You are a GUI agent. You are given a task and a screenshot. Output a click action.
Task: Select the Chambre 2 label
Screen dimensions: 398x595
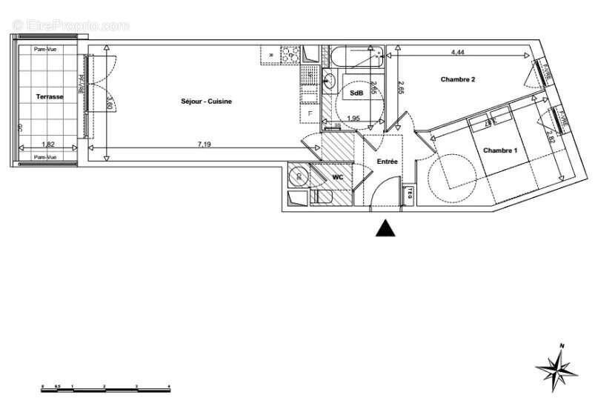pos(457,79)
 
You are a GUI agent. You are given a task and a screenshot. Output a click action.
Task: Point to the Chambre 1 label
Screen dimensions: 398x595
pos(500,150)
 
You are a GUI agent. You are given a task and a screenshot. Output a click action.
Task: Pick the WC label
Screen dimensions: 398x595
pos(337,177)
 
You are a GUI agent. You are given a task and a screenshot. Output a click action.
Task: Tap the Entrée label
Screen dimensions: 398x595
pos(388,161)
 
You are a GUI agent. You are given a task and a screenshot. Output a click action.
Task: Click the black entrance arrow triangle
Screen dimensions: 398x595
pos(385,228)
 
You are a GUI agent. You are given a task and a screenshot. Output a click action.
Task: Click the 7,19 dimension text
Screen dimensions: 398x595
pos(205,144)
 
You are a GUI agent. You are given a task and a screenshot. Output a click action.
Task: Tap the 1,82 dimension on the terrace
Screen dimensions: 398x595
pos(47,144)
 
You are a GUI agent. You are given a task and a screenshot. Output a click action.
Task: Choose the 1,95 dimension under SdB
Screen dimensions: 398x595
pos(353,118)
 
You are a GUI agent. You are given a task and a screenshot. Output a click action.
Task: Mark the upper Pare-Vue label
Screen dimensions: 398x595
pos(46,49)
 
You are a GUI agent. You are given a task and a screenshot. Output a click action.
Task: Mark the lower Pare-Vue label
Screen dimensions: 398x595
pos(46,157)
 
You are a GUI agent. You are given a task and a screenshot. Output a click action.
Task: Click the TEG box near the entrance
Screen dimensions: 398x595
pos(407,195)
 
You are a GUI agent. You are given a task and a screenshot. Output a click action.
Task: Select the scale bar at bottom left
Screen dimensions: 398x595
pos(106,388)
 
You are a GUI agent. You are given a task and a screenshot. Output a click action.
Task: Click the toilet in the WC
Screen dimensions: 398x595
pos(324,197)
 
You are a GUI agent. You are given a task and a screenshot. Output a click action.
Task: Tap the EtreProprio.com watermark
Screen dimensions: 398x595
pos(71,25)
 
